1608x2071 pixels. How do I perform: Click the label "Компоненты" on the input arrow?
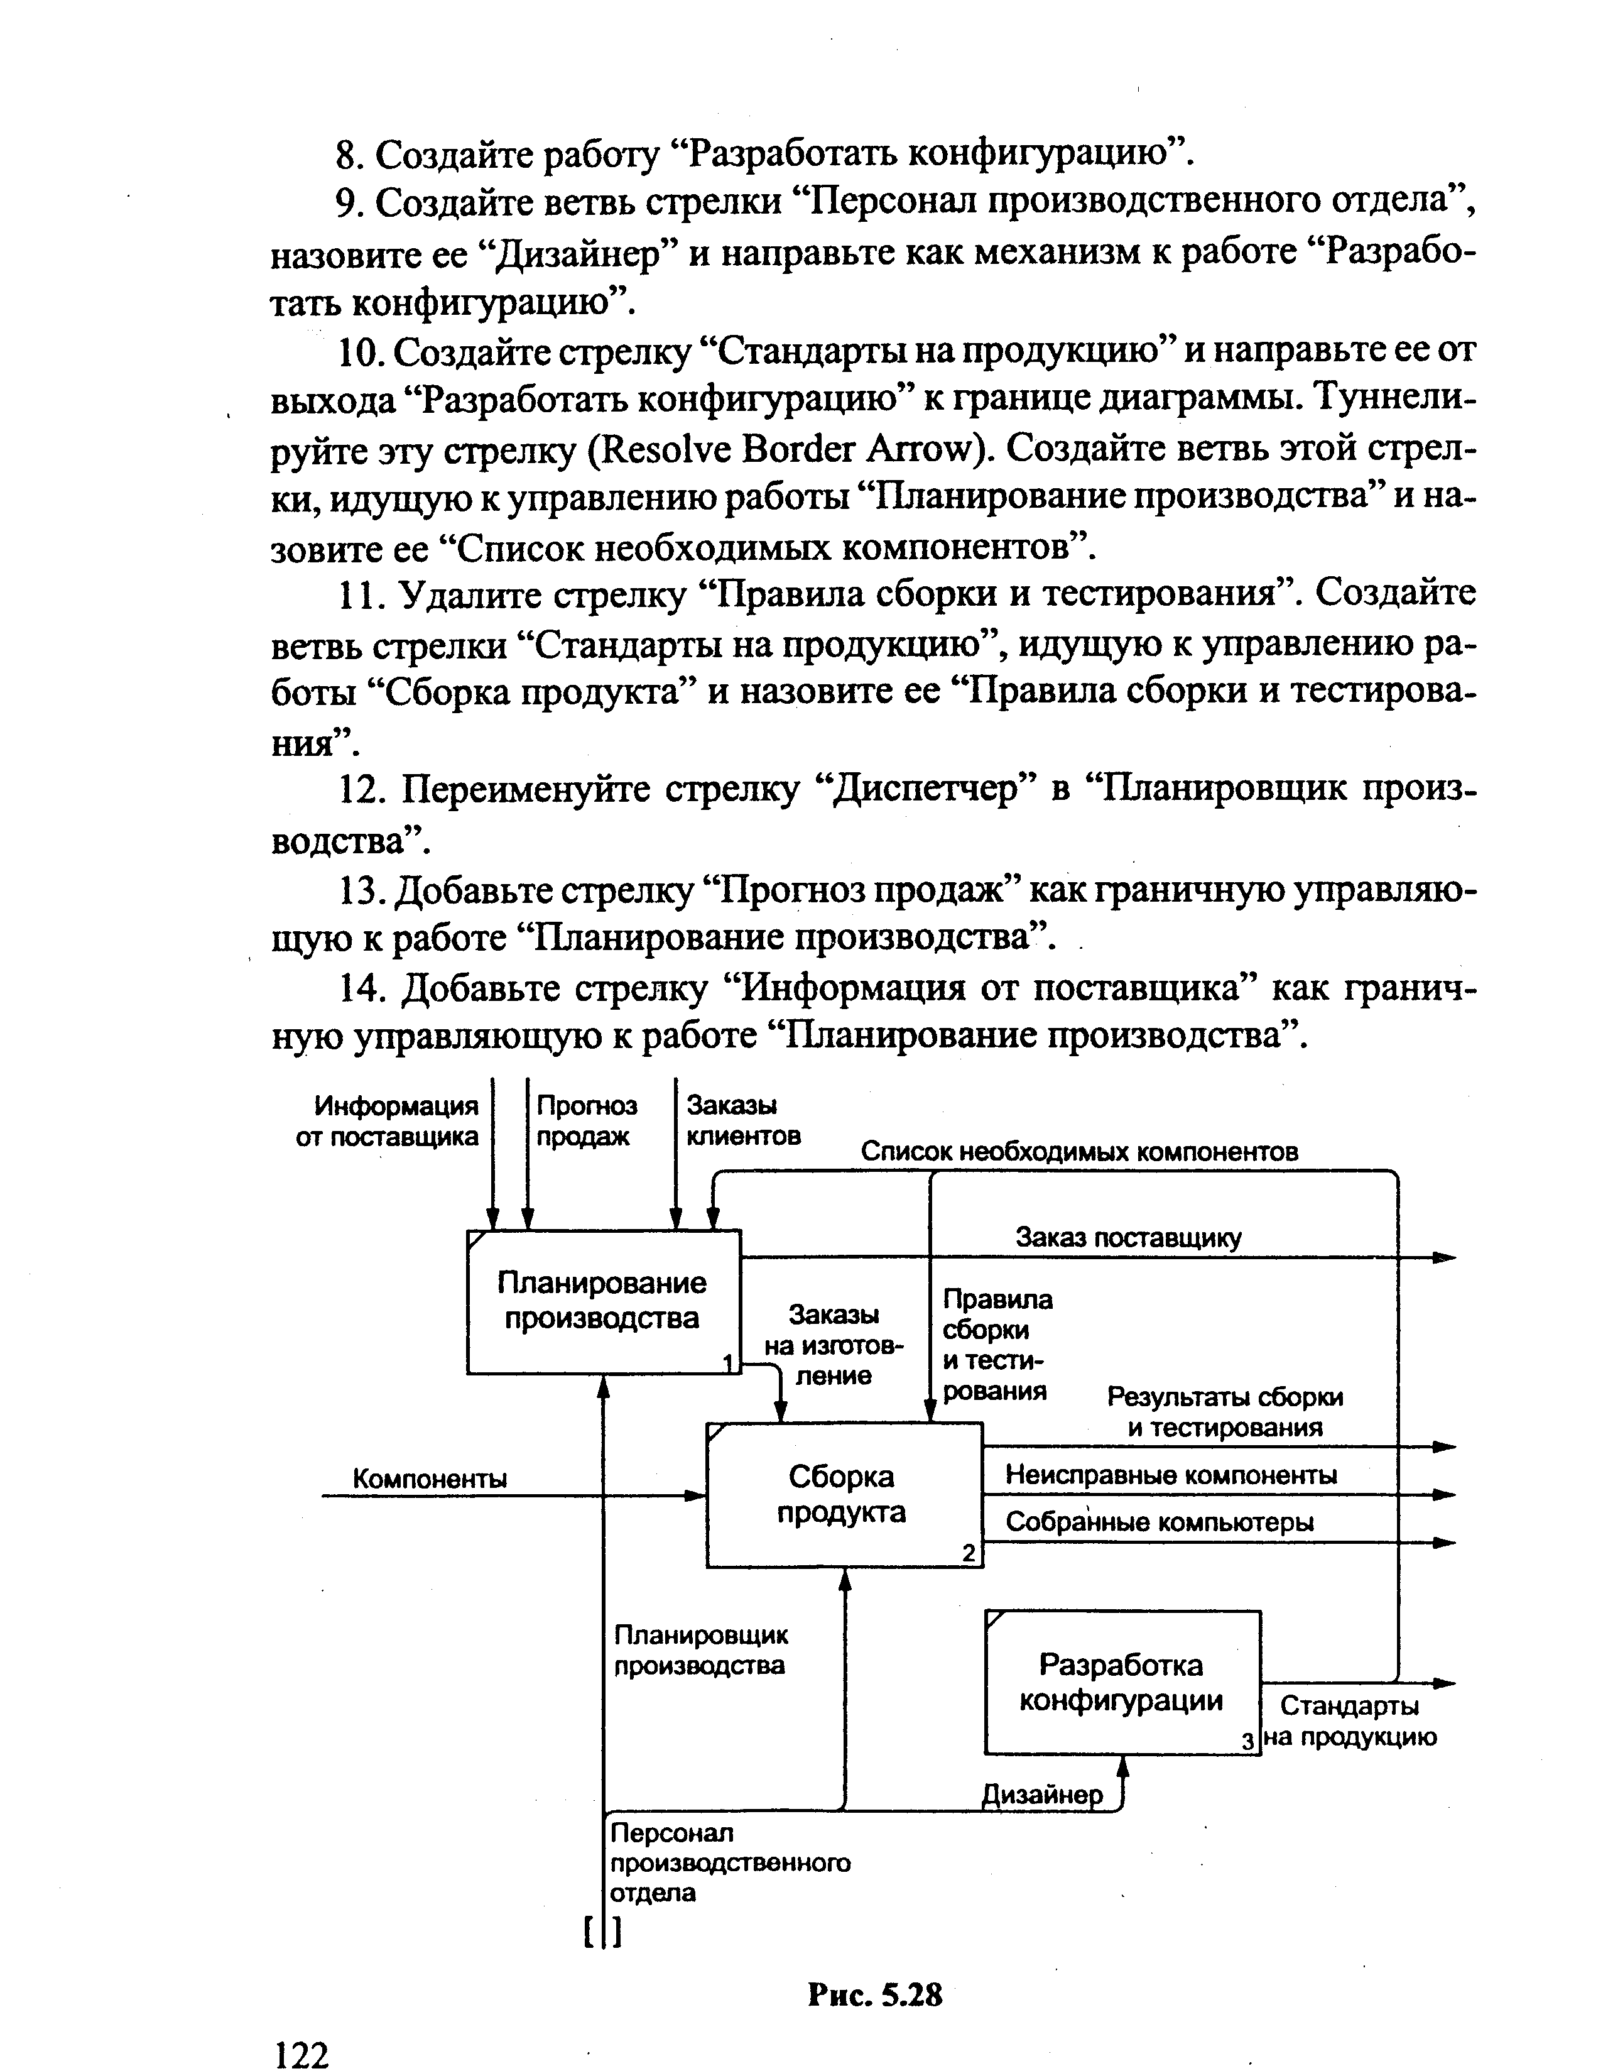[x=430, y=1478]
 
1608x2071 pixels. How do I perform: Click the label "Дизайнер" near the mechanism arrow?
[x=1042, y=1795]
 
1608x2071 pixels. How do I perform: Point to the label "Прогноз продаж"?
[x=586, y=1121]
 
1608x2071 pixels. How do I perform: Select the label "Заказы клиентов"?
[x=742, y=1121]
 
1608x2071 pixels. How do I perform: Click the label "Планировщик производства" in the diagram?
[x=700, y=1650]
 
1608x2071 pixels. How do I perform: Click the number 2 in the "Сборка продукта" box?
[x=968, y=1553]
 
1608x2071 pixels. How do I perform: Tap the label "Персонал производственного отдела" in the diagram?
[x=730, y=1862]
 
